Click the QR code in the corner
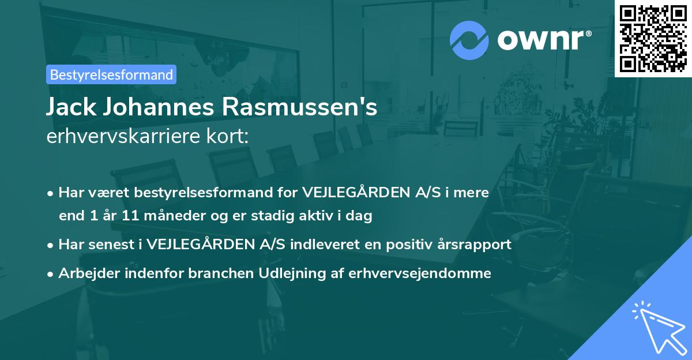pyautogui.click(x=653, y=38)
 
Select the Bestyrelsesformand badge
pyautogui.click(x=111, y=74)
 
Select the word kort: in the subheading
pyautogui.click(x=230, y=136)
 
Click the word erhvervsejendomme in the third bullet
pyautogui.click(x=420, y=273)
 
